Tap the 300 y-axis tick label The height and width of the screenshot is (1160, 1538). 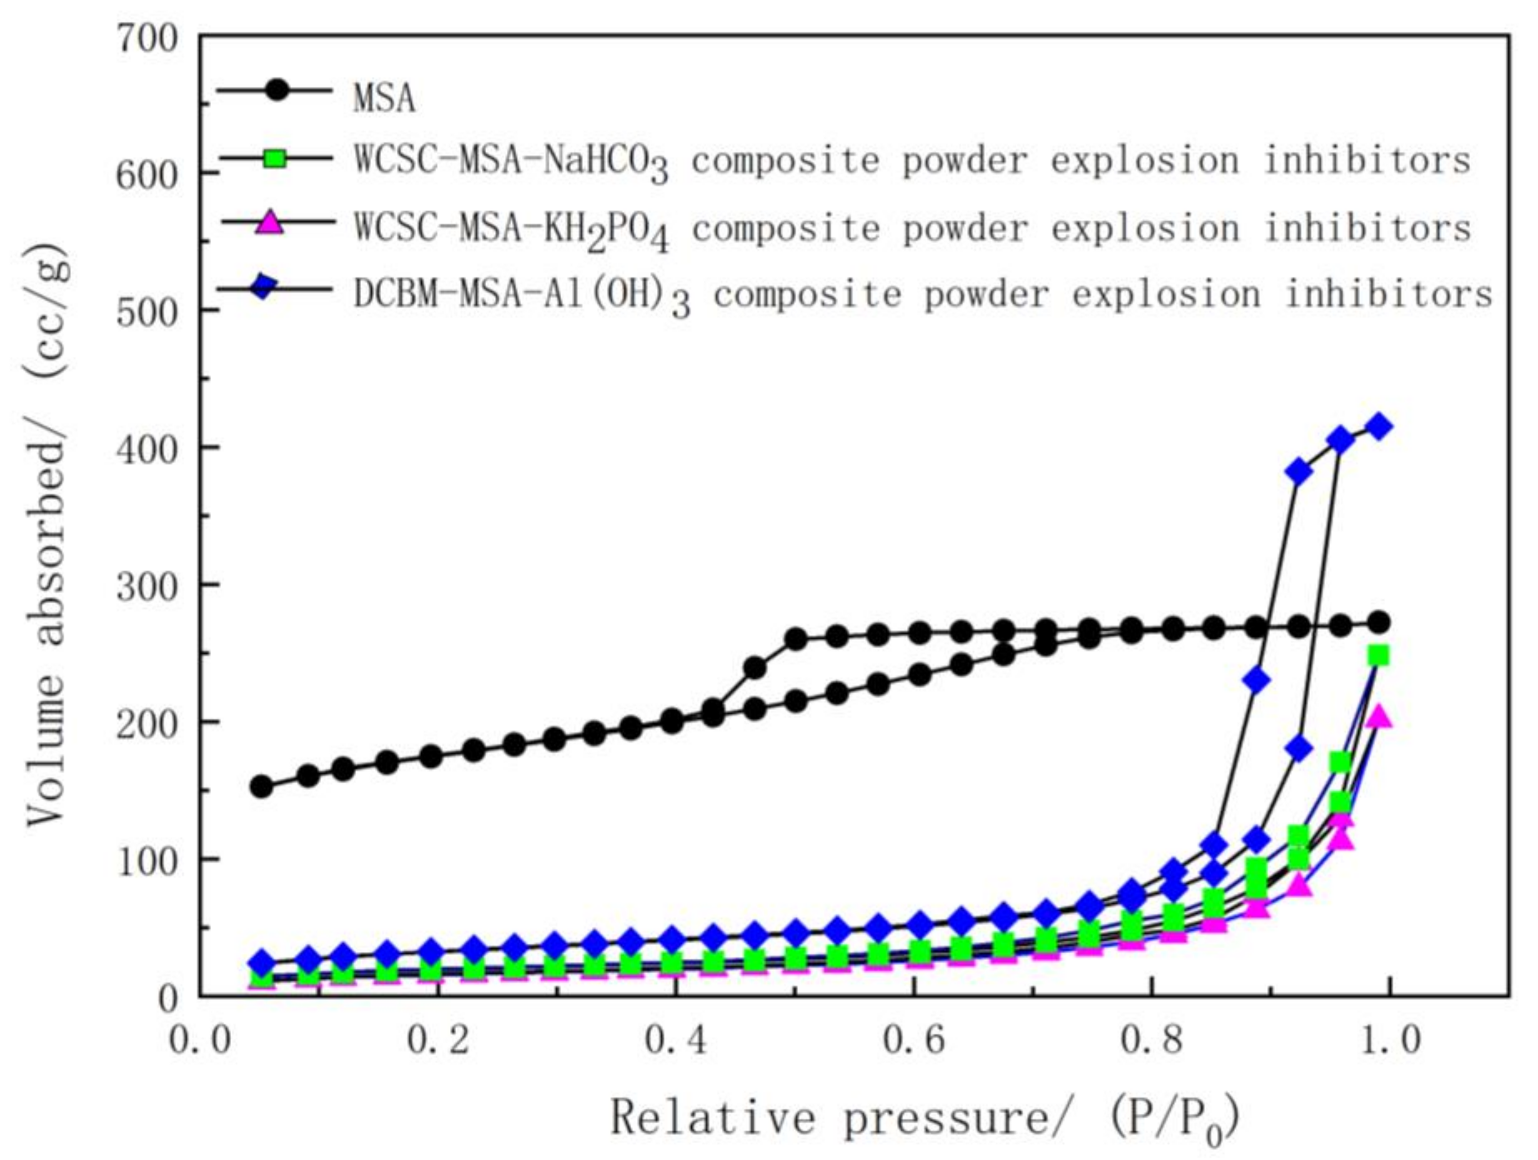[x=147, y=587]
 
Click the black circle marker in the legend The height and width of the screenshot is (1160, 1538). [x=277, y=91]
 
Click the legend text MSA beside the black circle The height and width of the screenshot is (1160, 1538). [x=384, y=97]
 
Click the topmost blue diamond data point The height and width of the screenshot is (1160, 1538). [x=1380, y=427]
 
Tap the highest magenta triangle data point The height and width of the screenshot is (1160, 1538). [x=1380, y=717]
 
